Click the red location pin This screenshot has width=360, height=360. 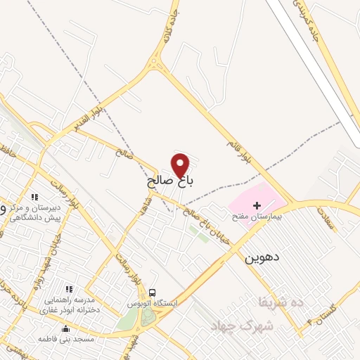[181, 165]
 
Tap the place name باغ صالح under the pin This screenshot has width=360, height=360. [170, 181]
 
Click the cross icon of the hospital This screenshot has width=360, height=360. [257, 204]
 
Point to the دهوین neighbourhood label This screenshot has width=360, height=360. [262, 258]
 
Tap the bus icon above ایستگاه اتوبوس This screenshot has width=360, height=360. [153, 292]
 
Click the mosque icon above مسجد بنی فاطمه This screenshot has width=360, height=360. [66, 328]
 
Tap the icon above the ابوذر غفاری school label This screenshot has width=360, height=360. [69, 289]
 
